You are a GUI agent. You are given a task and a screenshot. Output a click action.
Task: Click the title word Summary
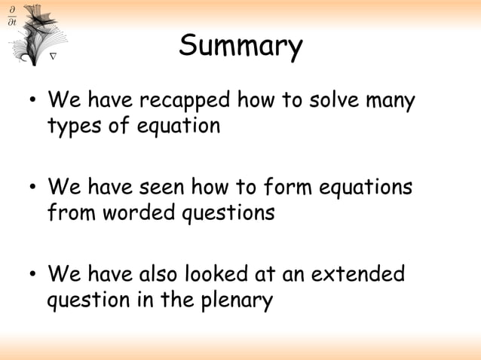click(240, 47)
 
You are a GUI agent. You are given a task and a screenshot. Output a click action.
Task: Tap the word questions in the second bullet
click(225, 214)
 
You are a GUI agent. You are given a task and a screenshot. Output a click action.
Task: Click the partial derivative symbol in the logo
click(11, 14)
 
